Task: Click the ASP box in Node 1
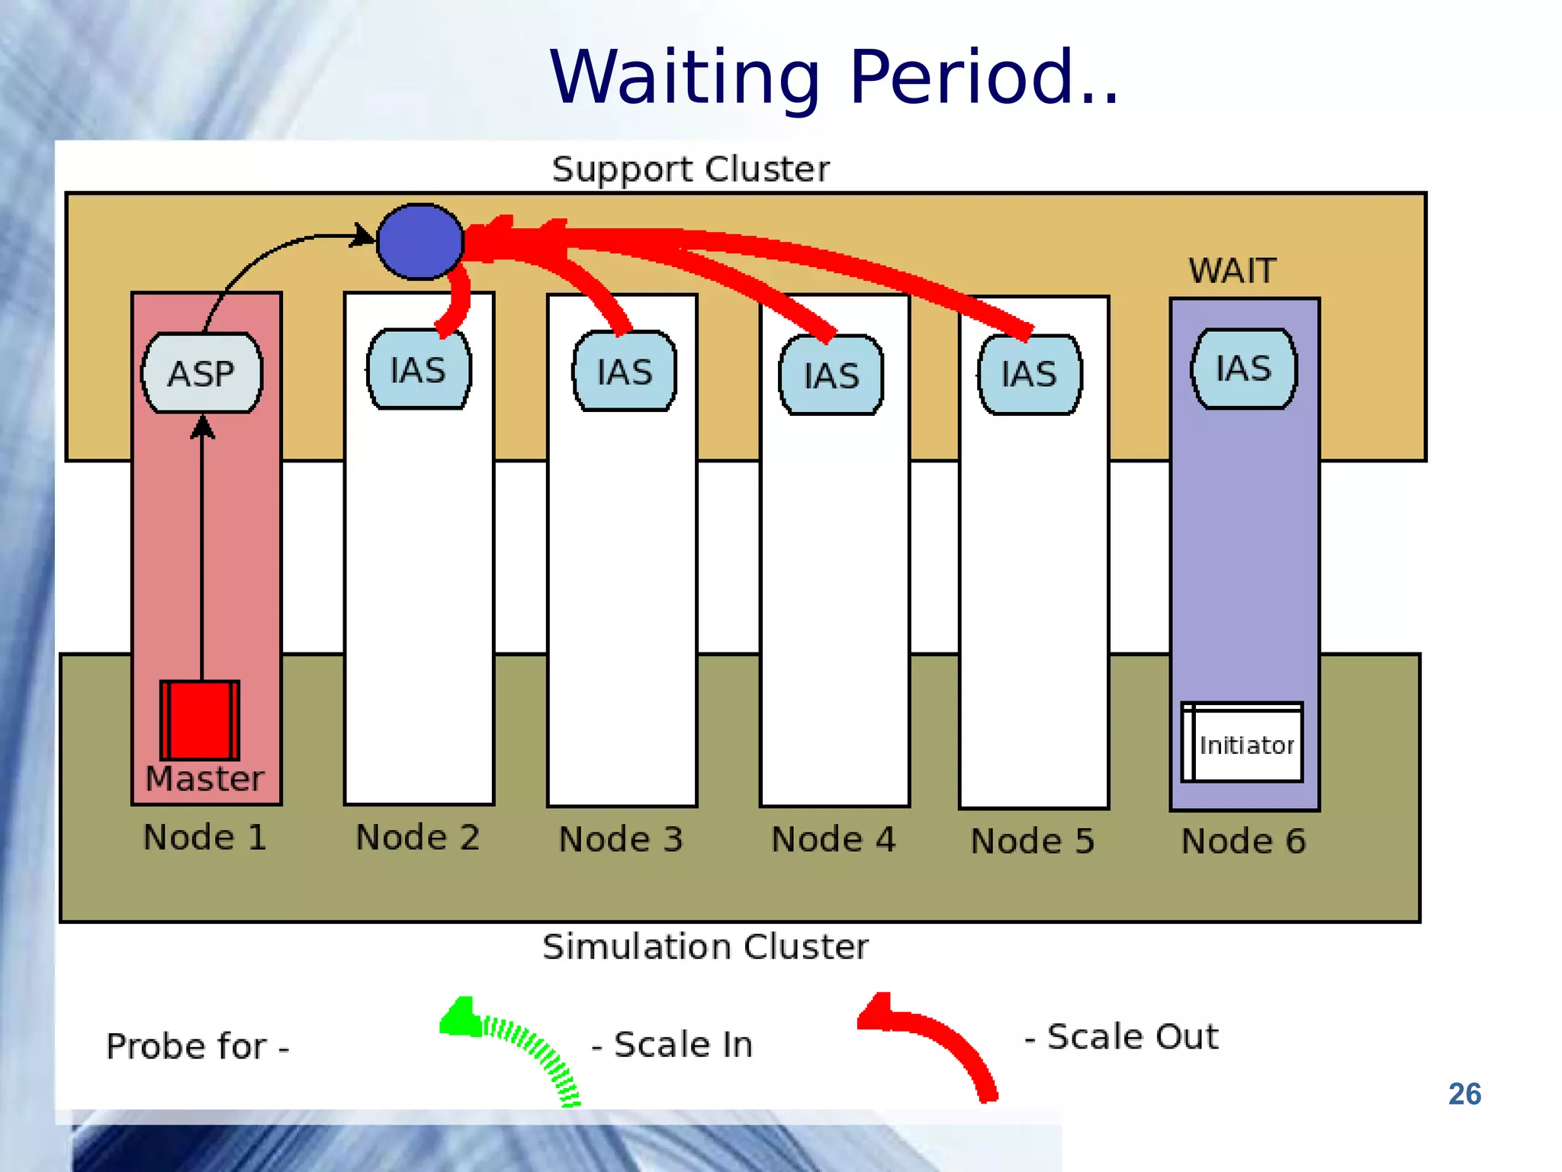202,373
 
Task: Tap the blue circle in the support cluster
420,241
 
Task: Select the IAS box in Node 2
419,370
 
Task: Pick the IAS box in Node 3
625,372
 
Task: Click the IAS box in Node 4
831,375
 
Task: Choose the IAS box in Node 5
1030,374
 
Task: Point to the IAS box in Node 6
1244,369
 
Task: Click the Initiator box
1242,743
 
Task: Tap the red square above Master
200,720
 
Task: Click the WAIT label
1232,271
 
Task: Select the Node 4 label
834,839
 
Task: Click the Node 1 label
205,837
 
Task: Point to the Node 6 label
1243,841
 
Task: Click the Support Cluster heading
690,169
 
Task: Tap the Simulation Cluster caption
705,946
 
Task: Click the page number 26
1464,1093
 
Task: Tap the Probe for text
197,1045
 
